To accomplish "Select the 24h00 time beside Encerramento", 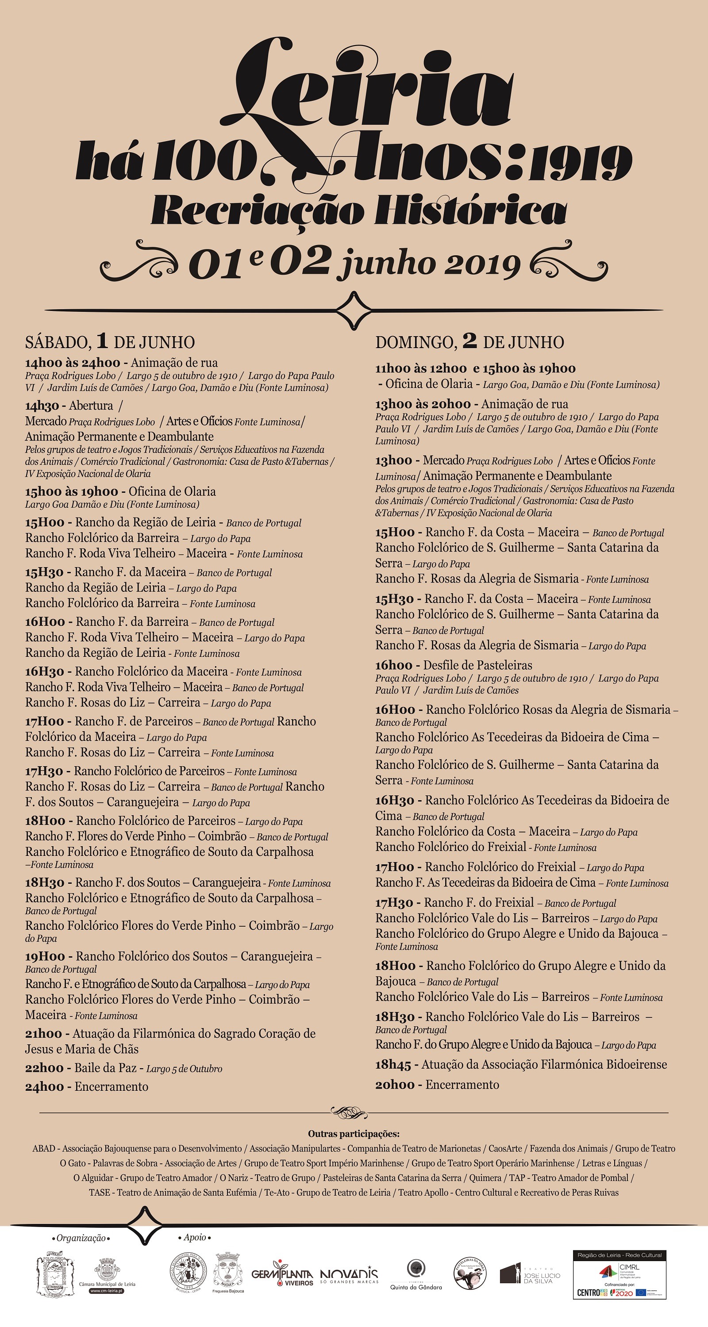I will (x=44, y=1087).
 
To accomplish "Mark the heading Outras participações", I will (x=354, y=1133).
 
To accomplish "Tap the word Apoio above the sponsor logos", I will (x=194, y=1237).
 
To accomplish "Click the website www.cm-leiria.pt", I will (x=107, y=1291).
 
